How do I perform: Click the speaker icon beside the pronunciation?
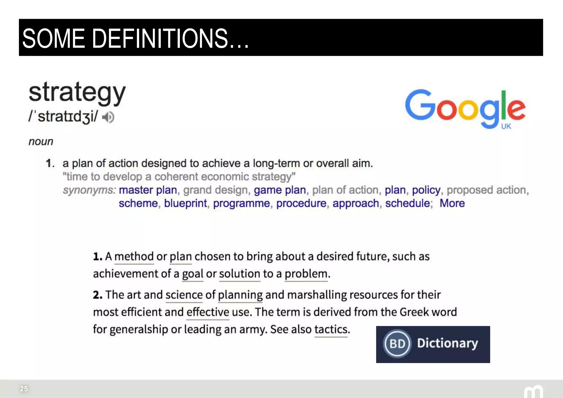[108, 117]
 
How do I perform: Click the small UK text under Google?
[506, 126]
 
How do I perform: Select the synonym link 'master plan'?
[148, 190]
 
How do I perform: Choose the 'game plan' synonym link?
[280, 190]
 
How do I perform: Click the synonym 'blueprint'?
[185, 203]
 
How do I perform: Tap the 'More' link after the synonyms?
[452, 203]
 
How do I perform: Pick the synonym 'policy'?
[426, 190]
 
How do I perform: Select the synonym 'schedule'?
[407, 203]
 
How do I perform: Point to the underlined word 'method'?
[134, 256]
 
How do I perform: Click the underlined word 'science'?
[184, 295]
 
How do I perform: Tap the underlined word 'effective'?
[208, 312]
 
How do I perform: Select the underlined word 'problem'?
[306, 274]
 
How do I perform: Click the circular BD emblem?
[397, 344]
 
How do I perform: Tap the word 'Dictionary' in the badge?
[448, 343]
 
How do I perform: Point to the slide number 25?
[24, 389]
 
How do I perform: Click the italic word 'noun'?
[41, 142]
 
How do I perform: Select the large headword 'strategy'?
[77, 93]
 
